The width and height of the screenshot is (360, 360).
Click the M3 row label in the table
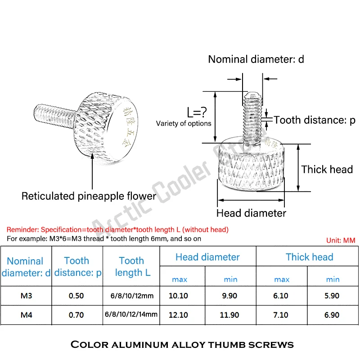[26, 296]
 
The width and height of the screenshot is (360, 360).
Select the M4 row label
[26, 315]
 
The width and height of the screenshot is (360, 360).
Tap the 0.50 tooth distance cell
[76, 296]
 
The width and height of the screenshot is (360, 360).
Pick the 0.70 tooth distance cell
[76, 315]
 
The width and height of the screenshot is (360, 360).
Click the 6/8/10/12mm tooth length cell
[132, 296]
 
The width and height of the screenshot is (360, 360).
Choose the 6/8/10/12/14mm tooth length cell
[132, 315]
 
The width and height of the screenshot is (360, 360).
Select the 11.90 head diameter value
[231, 315]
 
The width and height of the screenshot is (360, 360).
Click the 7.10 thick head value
[281, 315]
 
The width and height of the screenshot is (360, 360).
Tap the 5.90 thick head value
[333, 296]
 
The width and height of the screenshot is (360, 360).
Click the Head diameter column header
[207, 257]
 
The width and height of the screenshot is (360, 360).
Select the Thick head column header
[309, 257]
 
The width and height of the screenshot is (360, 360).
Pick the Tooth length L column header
[132, 266]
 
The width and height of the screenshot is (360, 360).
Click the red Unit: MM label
[341, 241]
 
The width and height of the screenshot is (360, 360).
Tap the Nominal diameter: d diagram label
[256, 59]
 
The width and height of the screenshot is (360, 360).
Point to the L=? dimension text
[198, 112]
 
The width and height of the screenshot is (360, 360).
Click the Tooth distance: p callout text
[315, 120]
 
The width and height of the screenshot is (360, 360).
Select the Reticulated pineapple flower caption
[89, 196]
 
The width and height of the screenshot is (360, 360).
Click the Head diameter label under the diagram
[251, 213]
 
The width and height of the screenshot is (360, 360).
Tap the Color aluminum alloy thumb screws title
[182, 345]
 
